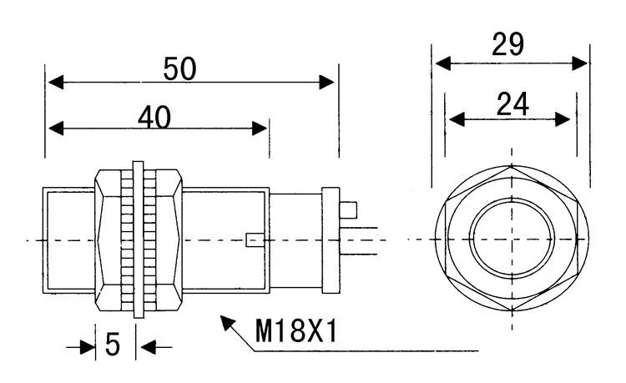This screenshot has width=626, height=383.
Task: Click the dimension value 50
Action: click(180, 69)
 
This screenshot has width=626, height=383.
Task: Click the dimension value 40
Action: click(154, 118)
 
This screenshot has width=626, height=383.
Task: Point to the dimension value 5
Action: click(113, 345)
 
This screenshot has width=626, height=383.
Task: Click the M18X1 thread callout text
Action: click(295, 333)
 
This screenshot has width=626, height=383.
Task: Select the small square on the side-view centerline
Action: click(255, 240)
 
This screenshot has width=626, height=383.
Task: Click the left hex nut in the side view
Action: click(110, 238)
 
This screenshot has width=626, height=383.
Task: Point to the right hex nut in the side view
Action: click(167, 238)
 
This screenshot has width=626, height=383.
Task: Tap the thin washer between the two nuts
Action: click(139, 238)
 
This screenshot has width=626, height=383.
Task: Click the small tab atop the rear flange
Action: click(350, 209)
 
